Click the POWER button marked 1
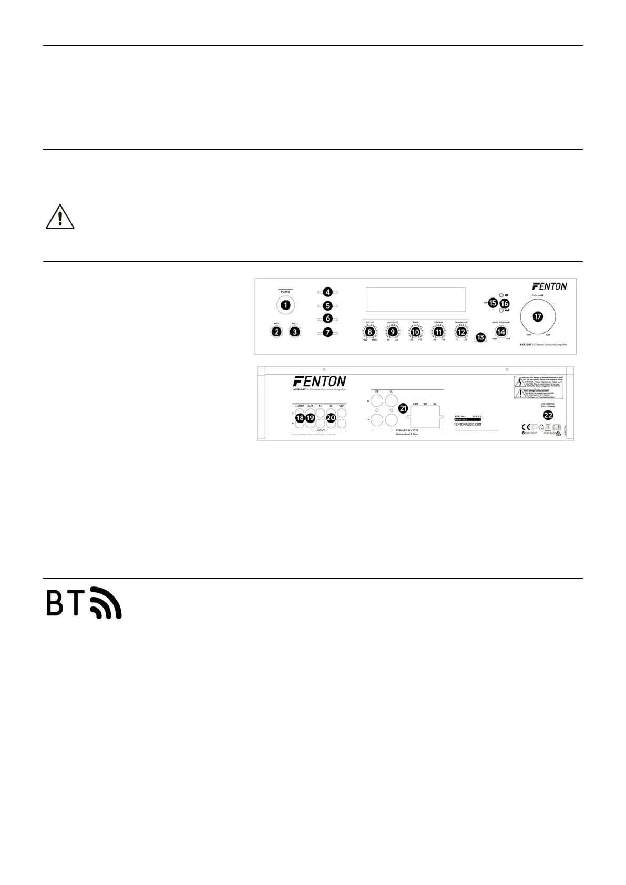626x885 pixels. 285,304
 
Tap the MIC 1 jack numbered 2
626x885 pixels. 275,332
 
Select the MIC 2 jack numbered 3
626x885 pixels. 295,332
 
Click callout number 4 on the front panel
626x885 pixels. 327,292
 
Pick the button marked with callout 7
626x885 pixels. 327,332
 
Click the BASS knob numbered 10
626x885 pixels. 415,332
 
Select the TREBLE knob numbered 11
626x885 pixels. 438,332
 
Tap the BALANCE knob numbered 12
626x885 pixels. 461,332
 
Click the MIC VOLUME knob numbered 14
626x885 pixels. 501,332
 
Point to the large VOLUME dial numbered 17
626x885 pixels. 537,316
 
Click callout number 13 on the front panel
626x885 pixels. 480,337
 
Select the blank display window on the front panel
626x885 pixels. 415,299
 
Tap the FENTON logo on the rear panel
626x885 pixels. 320,380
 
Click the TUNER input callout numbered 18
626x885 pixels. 300,418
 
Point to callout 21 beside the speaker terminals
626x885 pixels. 403,408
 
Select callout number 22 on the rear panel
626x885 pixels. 548,415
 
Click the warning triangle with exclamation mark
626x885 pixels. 60,217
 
